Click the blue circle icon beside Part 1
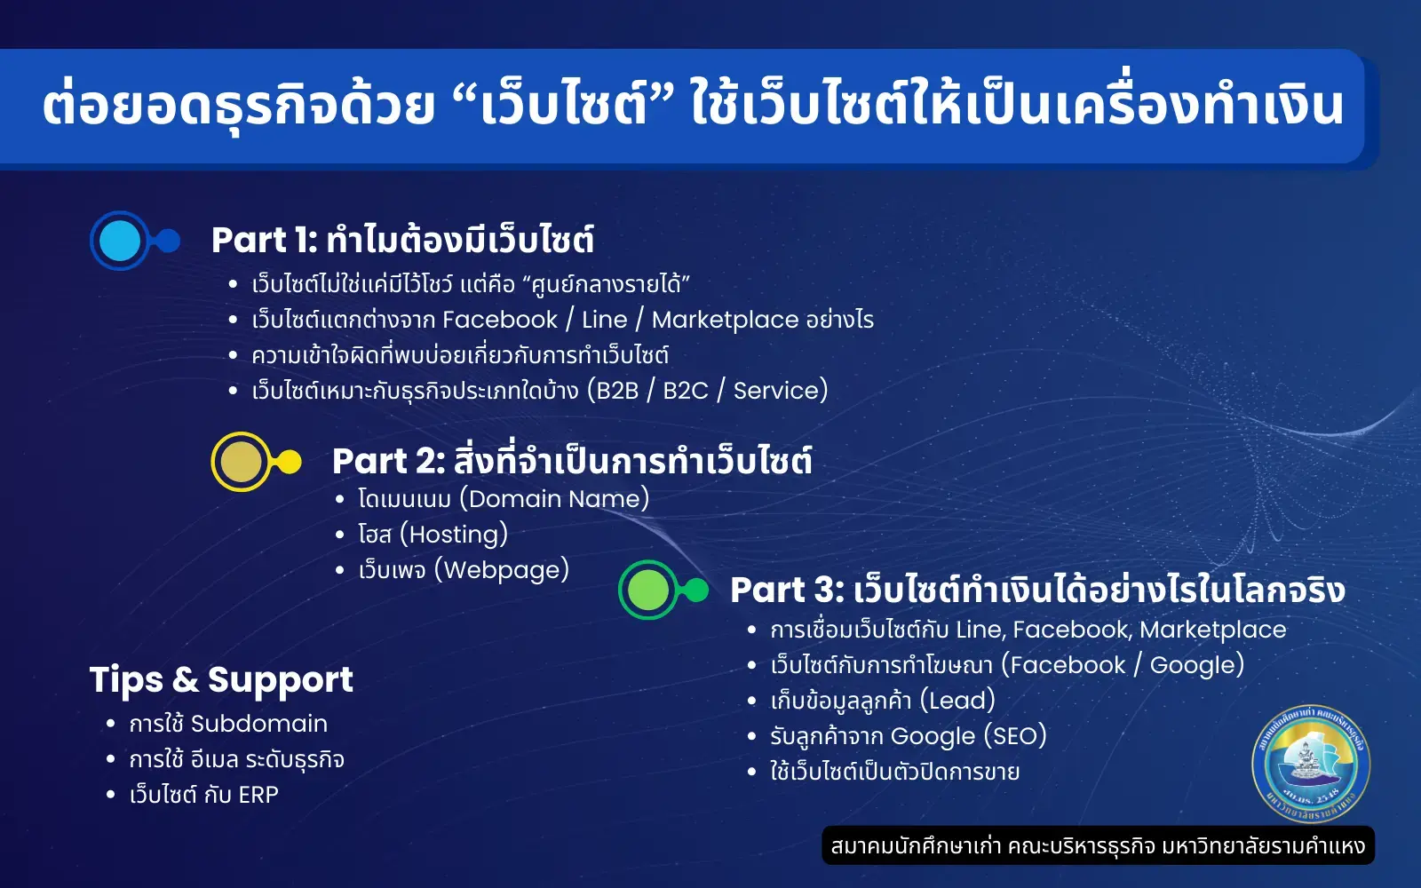pyautogui.click(x=120, y=241)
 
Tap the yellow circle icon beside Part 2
pyautogui.click(x=241, y=462)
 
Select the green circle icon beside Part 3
pyautogui.click(x=648, y=591)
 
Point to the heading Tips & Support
pyautogui.click(x=221, y=680)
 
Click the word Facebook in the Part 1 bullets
pyautogui.click(x=499, y=320)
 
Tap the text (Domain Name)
pyautogui.click(x=554, y=499)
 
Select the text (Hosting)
pyautogui.click(x=454, y=535)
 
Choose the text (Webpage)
pyautogui.click(x=502, y=570)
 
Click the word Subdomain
pyautogui.click(x=258, y=724)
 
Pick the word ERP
pyautogui.click(x=258, y=795)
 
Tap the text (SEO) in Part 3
pyautogui.click(x=1015, y=736)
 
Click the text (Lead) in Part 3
pyautogui.click(x=957, y=701)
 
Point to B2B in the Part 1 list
pyautogui.click(x=614, y=391)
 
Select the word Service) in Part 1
pyautogui.click(x=780, y=391)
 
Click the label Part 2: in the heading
pyautogui.click(x=388, y=462)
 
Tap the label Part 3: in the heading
pyautogui.click(x=786, y=591)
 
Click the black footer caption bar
pyautogui.click(x=1098, y=845)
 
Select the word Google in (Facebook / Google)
pyautogui.click(x=1195, y=665)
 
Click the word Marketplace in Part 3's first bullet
pyautogui.click(x=1212, y=630)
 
